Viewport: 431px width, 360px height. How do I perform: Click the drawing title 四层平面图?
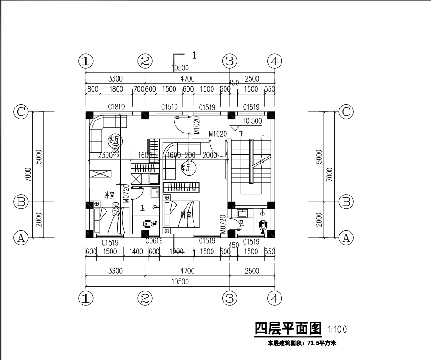[288, 329]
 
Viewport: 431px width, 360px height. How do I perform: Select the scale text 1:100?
[337, 330]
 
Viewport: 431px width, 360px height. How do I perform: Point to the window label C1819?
[116, 107]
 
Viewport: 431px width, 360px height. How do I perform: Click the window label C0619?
[154, 241]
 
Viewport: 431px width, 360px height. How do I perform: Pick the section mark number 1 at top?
[194, 55]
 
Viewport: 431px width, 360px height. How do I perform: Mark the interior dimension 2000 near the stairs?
[210, 156]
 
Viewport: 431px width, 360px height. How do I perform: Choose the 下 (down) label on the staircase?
[241, 134]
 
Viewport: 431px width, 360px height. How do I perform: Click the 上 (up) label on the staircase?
[262, 134]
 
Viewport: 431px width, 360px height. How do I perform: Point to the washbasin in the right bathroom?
[243, 214]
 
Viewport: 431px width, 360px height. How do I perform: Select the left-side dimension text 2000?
[39, 219]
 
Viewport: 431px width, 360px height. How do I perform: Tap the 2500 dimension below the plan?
[252, 271]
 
